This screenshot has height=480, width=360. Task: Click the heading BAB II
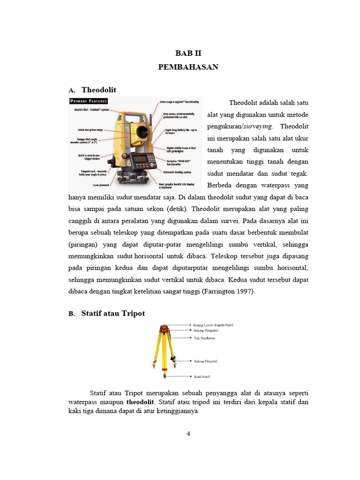click(x=187, y=53)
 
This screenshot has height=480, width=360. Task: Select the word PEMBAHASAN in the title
click(x=188, y=67)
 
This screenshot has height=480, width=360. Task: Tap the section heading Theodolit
click(x=99, y=90)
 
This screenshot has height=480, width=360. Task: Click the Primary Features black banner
click(x=89, y=101)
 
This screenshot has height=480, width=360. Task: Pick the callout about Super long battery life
click(x=181, y=131)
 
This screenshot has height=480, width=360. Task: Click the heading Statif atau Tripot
click(x=113, y=313)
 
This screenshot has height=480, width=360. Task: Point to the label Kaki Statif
click(x=202, y=376)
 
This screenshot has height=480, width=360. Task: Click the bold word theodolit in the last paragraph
click(x=140, y=402)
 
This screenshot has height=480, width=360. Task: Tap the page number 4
click(x=188, y=434)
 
